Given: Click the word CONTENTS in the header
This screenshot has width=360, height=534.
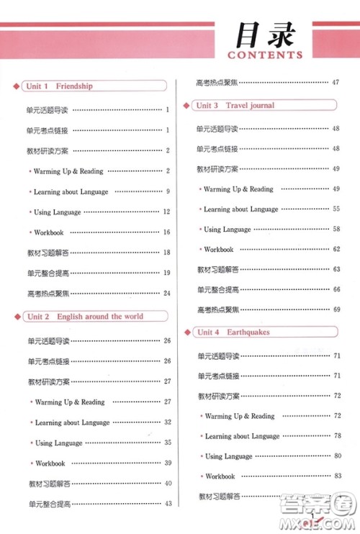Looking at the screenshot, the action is (x=264, y=55).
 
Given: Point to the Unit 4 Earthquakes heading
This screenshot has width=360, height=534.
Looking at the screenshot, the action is (x=232, y=332).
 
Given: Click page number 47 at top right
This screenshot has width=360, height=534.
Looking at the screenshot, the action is (x=336, y=82).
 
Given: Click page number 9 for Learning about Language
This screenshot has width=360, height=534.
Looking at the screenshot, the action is (x=167, y=192).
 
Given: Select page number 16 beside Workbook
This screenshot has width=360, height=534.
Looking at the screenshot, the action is (x=166, y=232).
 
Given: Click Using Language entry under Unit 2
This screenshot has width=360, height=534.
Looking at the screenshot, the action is (x=59, y=443).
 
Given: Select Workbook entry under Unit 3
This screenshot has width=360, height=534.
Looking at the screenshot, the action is (x=219, y=250).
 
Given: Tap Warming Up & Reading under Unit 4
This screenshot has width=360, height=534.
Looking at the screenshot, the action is (x=240, y=416).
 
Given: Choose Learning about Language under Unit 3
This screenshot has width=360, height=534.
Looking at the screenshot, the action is (x=240, y=209).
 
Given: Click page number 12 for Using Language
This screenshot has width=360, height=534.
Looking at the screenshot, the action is (x=166, y=212).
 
